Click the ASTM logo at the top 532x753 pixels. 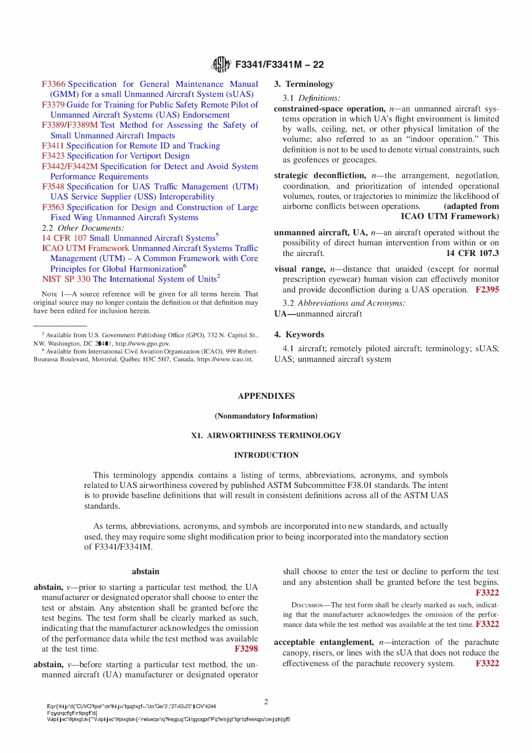coord(221,64)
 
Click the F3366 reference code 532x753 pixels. coord(54,84)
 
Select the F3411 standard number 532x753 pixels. coord(54,146)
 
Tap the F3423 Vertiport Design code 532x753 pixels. coord(54,156)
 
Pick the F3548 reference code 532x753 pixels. coord(54,187)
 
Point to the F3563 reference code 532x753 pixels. coord(54,207)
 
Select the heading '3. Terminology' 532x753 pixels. coord(304,84)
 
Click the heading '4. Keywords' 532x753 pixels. coord(299,334)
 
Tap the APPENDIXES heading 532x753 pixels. coord(266,396)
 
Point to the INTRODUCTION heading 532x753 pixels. coord(266,455)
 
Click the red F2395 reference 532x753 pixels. coord(487,290)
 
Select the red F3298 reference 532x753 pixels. coord(246,649)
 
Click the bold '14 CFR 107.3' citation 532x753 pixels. coord(472,253)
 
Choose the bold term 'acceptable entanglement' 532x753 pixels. coord(324,642)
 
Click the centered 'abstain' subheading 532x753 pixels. coord(146,571)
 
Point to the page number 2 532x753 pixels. coord(266,701)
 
